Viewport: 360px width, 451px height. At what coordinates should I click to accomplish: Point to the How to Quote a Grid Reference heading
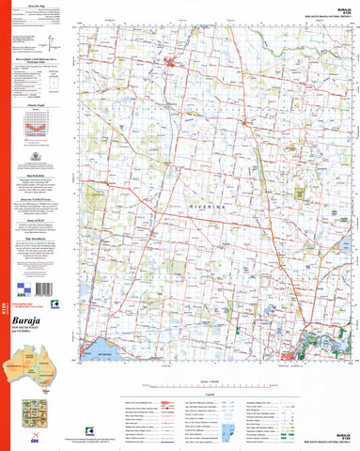pos(39,56)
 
